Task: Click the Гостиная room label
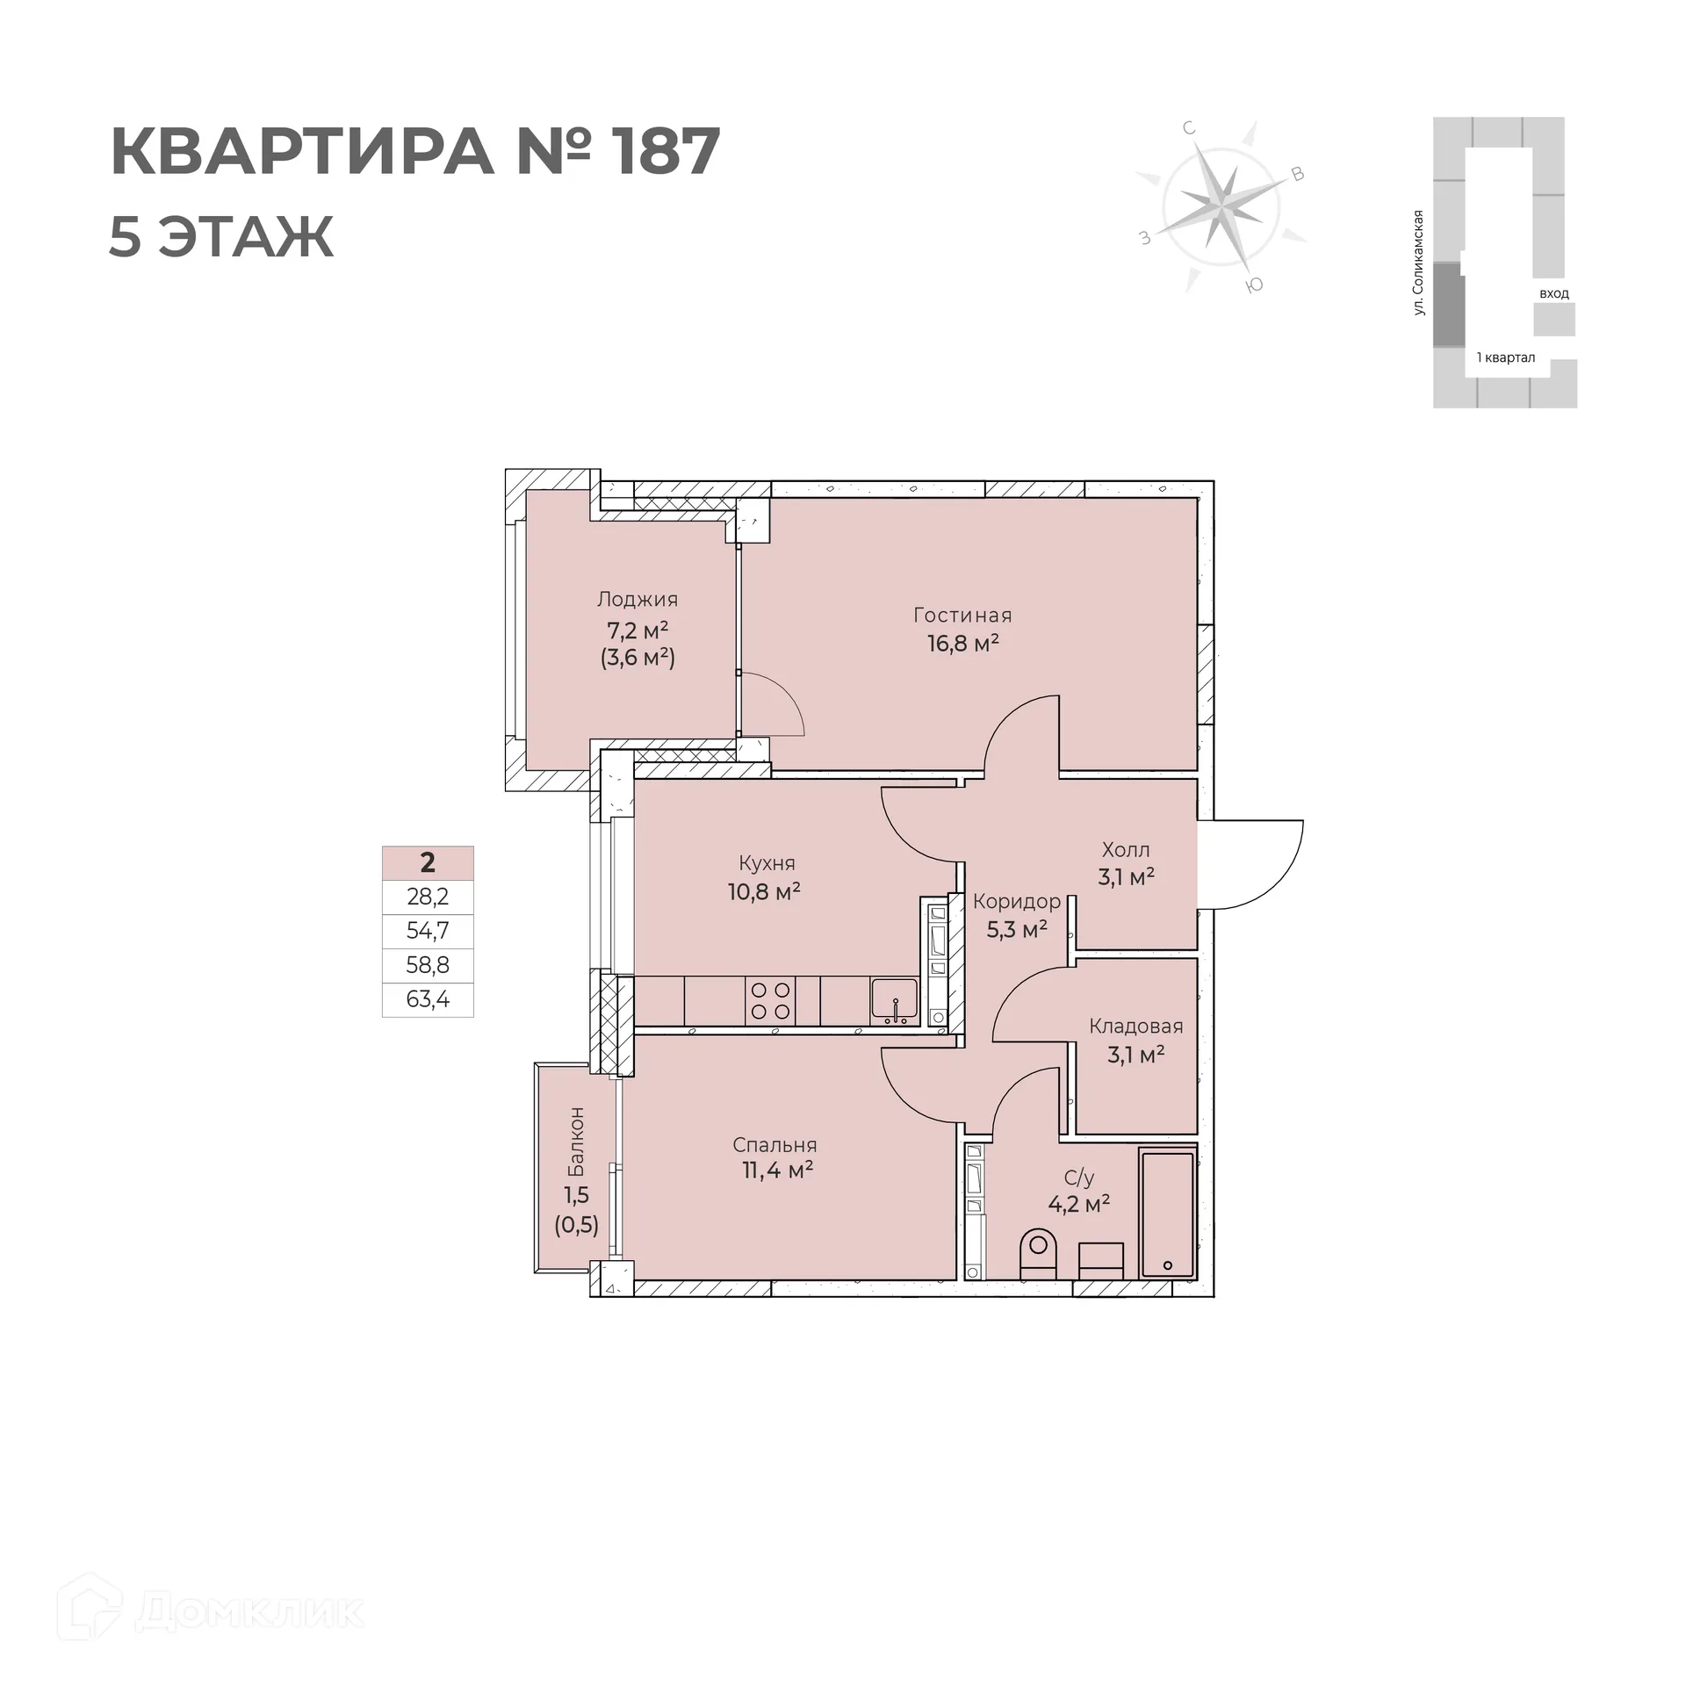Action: pyautogui.click(x=962, y=615)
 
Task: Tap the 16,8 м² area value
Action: pyautogui.click(x=963, y=644)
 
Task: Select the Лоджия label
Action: pyautogui.click(x=638, y=600)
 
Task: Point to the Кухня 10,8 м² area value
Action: pyautogui.click(x=764, y=892)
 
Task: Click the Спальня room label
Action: pyautogui.click(x=775, y=1145)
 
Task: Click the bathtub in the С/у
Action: pyautogui.click(x=1167, y=1214)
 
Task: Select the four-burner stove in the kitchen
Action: pyautogui.click(x=770, y=1001)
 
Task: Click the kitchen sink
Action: pyautogui.click(x=894, y=1002)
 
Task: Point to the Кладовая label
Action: pyautogui.click(x=1135, y=1026)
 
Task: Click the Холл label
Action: pyautogui.click(x=1126, y=850)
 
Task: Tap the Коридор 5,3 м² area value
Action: pyautogui.click(x=1017, y=929)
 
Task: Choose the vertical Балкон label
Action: pyautogui.click(x=576, y=1142)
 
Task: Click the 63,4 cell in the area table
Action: pyautogui.click(x=428, y=999)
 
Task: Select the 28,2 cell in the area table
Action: pyautogui.click(x=428, y=897)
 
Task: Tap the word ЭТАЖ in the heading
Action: pyautogui.click(x=247, y=236)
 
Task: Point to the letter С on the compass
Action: pyautogui.click(x=1189, y=128)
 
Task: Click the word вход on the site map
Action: pyautogui.click(x=1553, y=293)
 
